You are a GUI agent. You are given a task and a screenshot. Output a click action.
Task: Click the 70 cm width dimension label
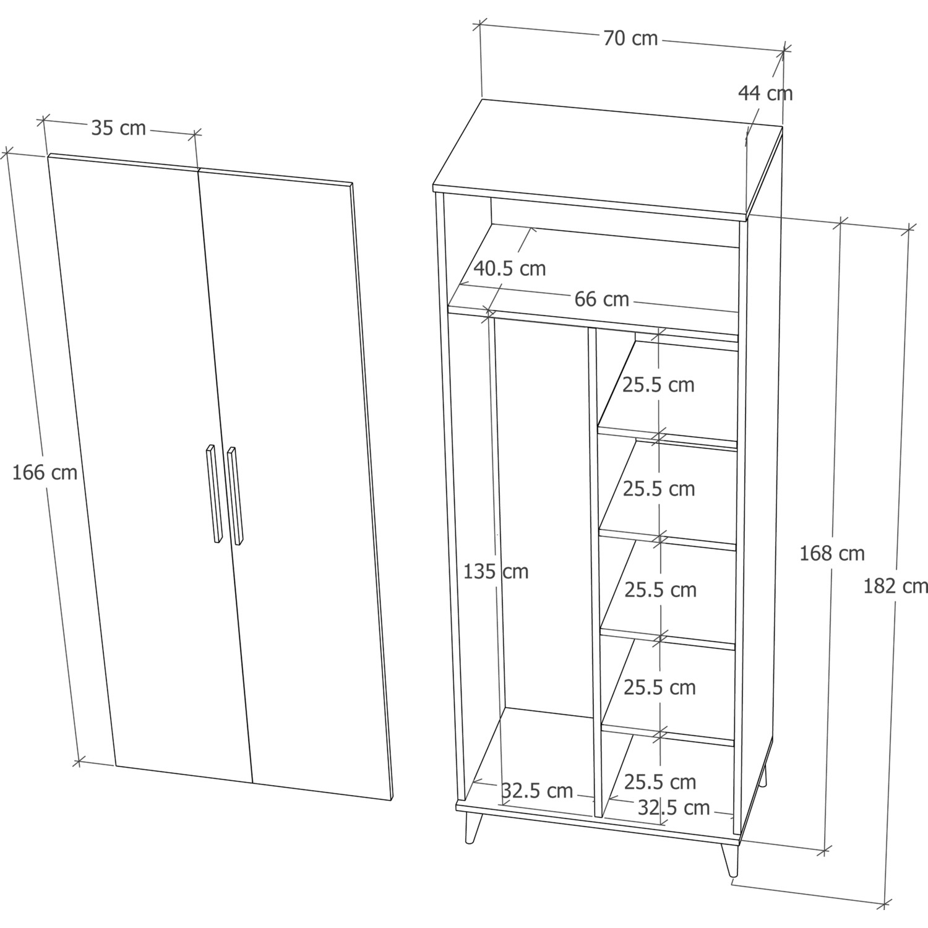(x=630, y=38)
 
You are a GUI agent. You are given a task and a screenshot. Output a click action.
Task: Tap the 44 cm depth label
(x=765, y=93)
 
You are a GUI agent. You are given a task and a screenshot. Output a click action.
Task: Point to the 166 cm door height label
(x=45, y=473)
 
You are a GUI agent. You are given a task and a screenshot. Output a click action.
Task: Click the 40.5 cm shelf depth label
(x=510, y=269)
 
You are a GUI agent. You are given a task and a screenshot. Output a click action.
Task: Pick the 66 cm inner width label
(x=602, y=299)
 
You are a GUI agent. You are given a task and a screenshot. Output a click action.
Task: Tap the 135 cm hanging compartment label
(x=496, y=572)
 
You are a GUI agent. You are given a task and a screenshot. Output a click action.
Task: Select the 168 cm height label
(x=832, y=553)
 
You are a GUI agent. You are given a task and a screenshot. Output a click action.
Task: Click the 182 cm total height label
(x=895, y=586)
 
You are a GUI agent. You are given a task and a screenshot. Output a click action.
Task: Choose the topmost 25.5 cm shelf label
(x=659, y=385)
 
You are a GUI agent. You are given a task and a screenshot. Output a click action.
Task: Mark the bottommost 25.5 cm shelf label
(x=660, y=782)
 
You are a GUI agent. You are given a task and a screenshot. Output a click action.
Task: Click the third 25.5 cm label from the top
(x=660, y=590)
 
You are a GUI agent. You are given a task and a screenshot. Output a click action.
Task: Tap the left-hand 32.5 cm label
(x=537, y=791)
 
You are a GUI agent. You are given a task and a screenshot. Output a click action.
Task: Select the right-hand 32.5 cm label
(x=674, y=807)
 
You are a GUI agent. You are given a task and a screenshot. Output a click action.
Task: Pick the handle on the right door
(x=235, y=496)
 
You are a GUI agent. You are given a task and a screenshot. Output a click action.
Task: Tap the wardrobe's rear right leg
(x=765, y=775)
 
